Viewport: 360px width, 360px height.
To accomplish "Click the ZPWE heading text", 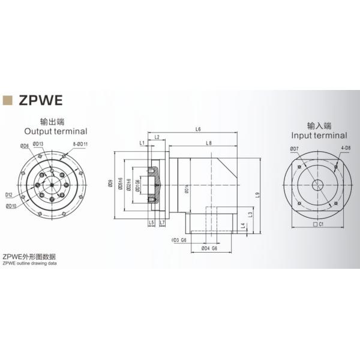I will tap(42, 99).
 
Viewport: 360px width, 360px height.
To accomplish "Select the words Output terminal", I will tap(55, 131).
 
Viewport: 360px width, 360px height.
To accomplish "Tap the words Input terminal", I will tap(319, 136).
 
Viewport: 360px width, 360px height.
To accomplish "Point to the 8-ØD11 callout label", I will tap(81, 145).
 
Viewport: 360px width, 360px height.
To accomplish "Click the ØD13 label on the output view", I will tap(37, 145).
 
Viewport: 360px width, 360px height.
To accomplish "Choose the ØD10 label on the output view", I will tap(11, 206).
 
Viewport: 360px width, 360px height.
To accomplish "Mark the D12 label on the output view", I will tap(10, 194).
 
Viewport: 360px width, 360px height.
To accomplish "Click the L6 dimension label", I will tap(198, 130).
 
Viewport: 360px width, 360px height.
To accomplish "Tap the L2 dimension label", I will tap(157, 137).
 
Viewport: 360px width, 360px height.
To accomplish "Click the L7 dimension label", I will tap(162, 223).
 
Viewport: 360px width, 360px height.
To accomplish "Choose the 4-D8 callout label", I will tap(346, 147).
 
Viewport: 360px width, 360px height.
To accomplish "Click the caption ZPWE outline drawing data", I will tap(29, 262).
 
